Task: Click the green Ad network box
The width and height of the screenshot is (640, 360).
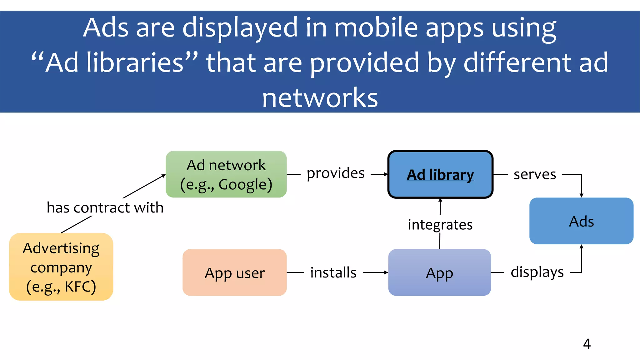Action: [226, 174]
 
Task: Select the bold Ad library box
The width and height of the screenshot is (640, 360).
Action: [440, 174]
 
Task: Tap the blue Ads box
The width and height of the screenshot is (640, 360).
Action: [581, 221]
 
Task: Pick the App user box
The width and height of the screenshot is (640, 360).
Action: [234, 272]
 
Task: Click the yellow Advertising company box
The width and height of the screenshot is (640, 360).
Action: [61, 267]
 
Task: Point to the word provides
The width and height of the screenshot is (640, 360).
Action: [336, 173]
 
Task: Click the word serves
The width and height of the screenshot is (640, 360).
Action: [535, 174]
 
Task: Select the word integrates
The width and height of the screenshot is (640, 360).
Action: [440, 225]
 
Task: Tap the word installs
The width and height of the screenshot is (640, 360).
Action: [333, 272]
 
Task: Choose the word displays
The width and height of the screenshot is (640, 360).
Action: [537, 272]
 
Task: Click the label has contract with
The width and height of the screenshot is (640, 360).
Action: [105, 207]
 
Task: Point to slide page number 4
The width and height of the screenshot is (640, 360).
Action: [587, 344]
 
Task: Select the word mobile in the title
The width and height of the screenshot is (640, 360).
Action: [376, 27]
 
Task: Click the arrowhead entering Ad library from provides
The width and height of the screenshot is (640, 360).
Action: [386, 174]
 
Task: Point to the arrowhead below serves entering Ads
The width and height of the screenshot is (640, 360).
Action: [581, 195]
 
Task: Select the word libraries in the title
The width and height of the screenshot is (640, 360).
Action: [135, 62]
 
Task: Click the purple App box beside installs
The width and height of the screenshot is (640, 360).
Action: [439, 272]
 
